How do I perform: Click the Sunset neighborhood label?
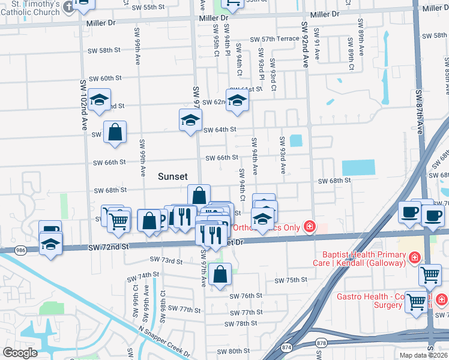[173, 176]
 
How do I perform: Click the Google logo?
[19, 353]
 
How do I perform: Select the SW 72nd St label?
[109, 247]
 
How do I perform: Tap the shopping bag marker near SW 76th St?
[220, 274]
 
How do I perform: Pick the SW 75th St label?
[291, 280]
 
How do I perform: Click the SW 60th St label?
[105, 79]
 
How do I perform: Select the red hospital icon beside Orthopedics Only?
[309, 227]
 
